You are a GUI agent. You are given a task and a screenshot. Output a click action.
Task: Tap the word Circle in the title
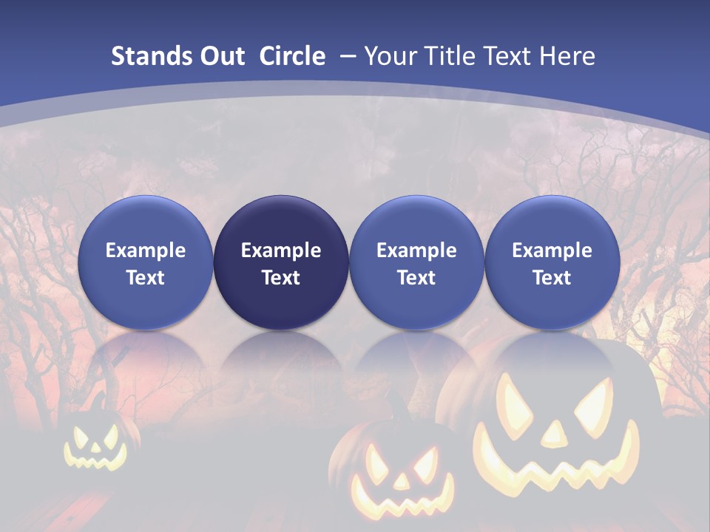pos(292,56)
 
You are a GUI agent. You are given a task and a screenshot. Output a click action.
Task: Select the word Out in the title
pos(221,56)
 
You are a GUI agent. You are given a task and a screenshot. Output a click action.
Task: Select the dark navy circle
pos(281,262)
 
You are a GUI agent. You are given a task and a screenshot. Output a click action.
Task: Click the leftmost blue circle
pos(146,262)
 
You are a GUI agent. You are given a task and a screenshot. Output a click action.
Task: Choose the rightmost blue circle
pos(552,262)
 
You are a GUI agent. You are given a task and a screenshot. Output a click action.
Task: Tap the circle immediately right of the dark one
pos(416,262)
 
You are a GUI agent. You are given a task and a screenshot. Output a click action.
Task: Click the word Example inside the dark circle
pos(281,250)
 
